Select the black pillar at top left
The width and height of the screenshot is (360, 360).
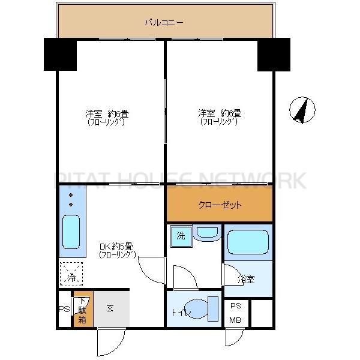[x=59, y=55]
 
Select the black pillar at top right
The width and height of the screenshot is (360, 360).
[x=274, y=55]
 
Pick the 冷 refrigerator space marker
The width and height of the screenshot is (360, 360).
[x=71, y=277]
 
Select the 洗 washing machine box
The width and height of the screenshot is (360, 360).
[x=181, y=236]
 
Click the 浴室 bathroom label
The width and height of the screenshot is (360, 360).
[x=246, y=280]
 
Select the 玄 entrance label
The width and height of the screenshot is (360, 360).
[x=110, y=308]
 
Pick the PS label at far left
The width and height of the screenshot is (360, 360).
[x=64, y=310]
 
